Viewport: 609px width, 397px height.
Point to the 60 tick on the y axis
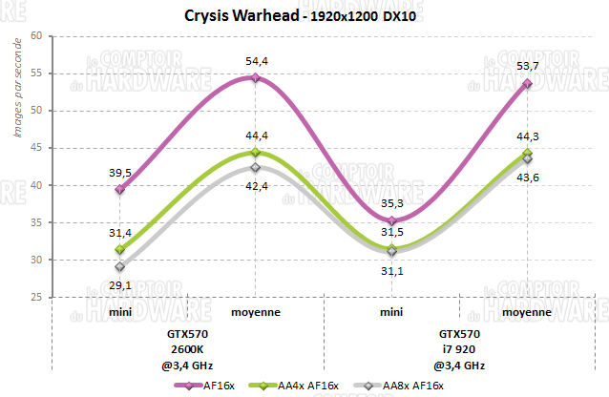[36, 36]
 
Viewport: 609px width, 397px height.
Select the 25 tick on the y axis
[36, 298]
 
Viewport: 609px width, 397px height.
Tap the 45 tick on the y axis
[36, 148]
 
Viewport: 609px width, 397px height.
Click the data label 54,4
[256, 61]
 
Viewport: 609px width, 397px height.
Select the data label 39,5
[118, 173]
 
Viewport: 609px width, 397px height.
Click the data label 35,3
[391, 202]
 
